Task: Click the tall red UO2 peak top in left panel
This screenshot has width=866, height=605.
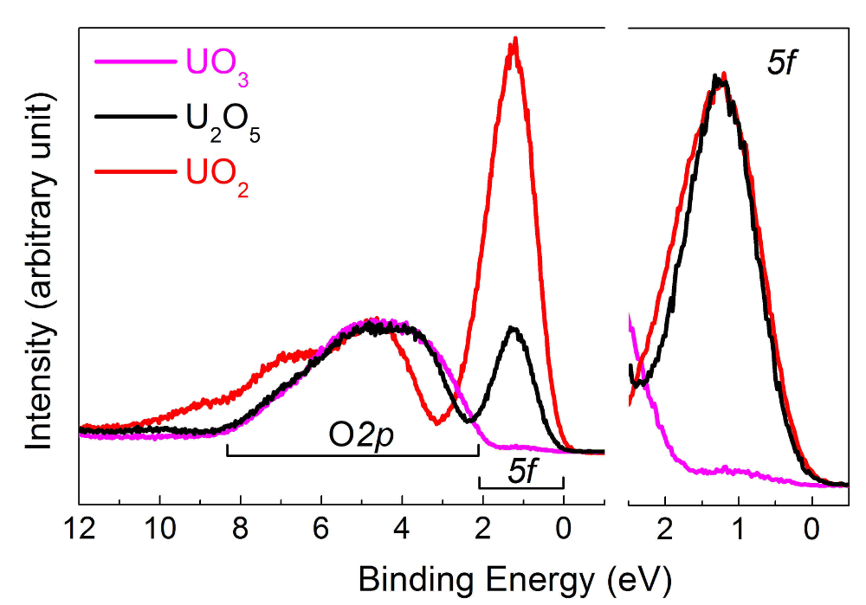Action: point(515,41)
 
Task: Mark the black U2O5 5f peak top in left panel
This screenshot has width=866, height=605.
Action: point(514,328)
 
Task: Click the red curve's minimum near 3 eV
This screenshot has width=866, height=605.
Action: point(436,422)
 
